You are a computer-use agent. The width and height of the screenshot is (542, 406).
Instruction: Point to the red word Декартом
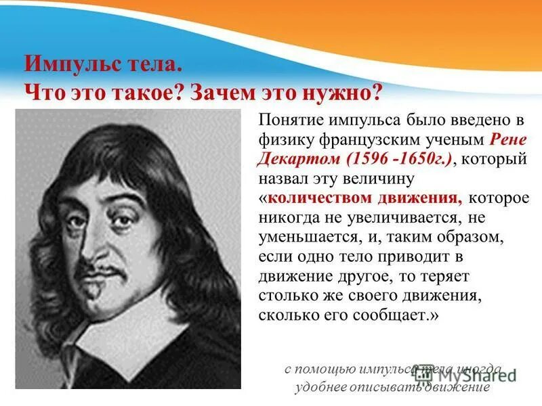(298, 160)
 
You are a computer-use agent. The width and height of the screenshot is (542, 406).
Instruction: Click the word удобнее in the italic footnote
(321, 388)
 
